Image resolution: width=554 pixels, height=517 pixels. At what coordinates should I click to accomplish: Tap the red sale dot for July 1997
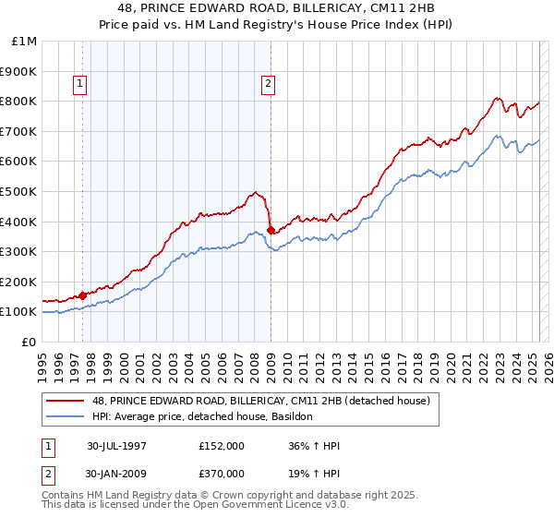[x=83, y=295]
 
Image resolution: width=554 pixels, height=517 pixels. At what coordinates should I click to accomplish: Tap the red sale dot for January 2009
[x=271, y=230]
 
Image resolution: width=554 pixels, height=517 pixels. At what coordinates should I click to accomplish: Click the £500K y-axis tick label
[x=19, y=191]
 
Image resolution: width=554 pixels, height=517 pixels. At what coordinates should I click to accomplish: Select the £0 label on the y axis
[x=29, y=342]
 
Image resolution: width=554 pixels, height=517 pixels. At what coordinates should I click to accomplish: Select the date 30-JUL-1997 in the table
[x=116, y=444]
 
